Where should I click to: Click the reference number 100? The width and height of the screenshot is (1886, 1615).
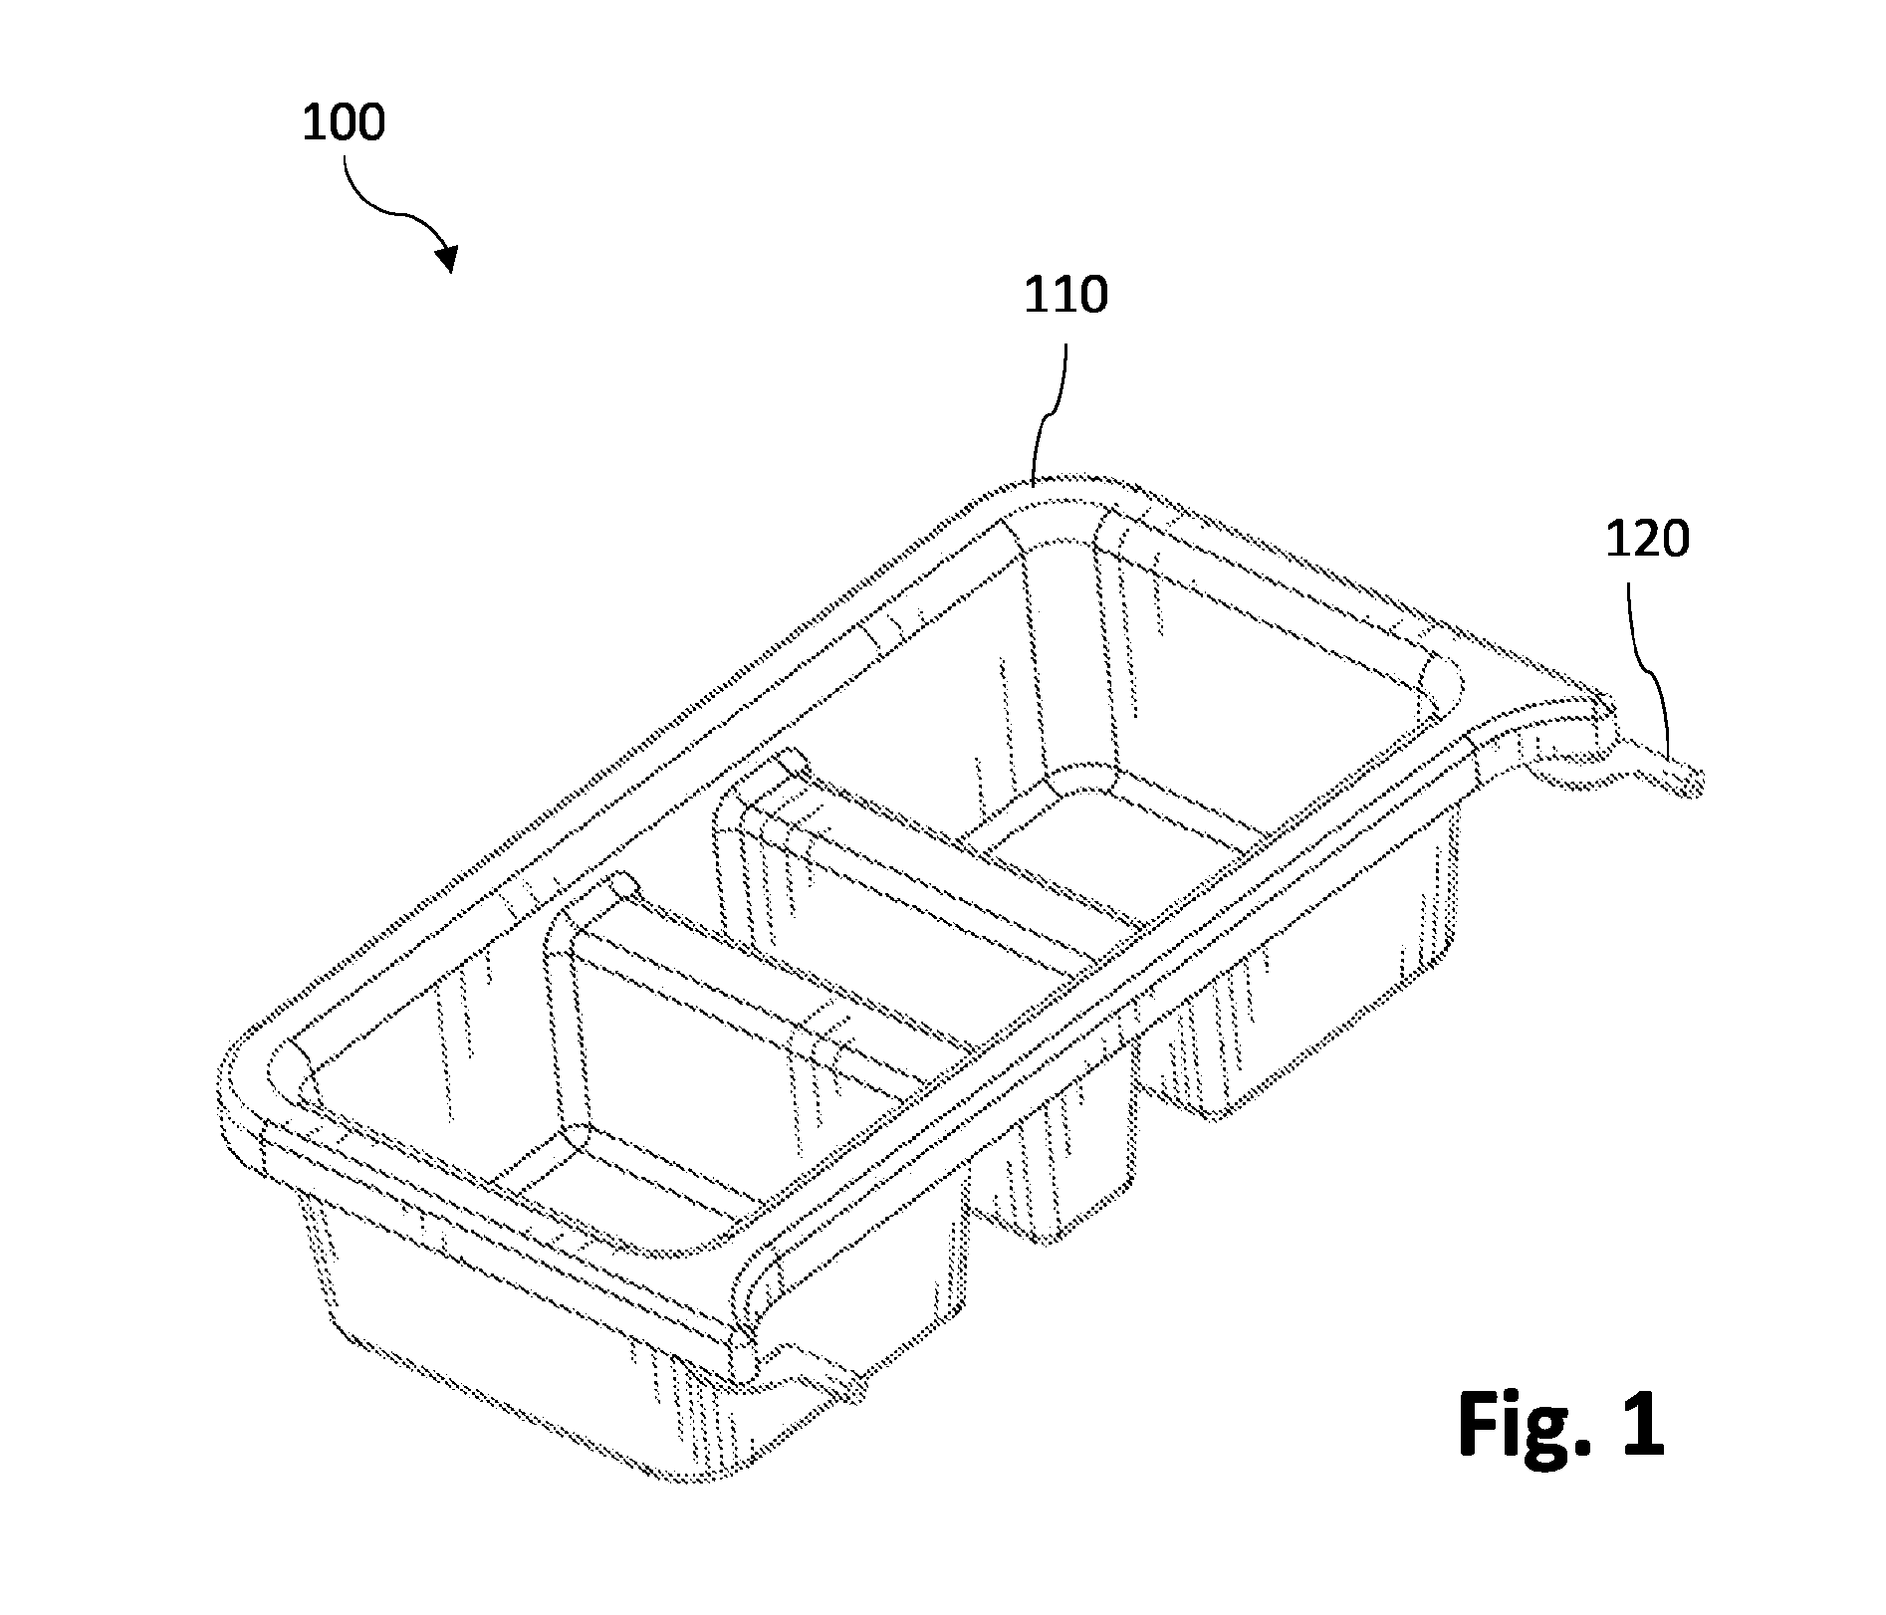(x=344, y=124)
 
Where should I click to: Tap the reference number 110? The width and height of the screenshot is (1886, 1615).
(x=1066, y=296)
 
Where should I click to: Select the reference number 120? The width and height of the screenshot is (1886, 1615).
(x=1648, y=540)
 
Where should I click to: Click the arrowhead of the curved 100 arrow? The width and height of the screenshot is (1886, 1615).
(x=447, y=258)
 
